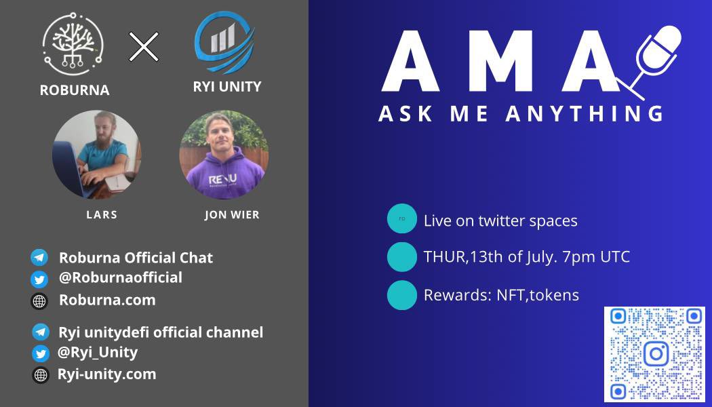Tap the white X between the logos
[x=144, y=46]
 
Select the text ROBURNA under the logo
[x=75, y=90]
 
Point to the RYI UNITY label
[x=227, y=86]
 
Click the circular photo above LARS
[x=96, y=155]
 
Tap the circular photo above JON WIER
[x=223, y=155]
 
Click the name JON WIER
[x=232, y=215]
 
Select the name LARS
[x=102, y=214]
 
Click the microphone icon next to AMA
[x=654, y=58]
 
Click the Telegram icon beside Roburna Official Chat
[x=39, y=258]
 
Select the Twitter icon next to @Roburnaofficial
[x=39, y=279]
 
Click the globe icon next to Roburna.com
[x=39, y=301]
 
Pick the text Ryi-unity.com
[x=106, y=374]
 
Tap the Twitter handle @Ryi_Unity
[x=98, y=352]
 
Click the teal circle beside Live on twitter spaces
[x=401, y=219]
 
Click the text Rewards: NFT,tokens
[x=501, y=295]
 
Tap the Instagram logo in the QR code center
[x=655, y=353]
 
